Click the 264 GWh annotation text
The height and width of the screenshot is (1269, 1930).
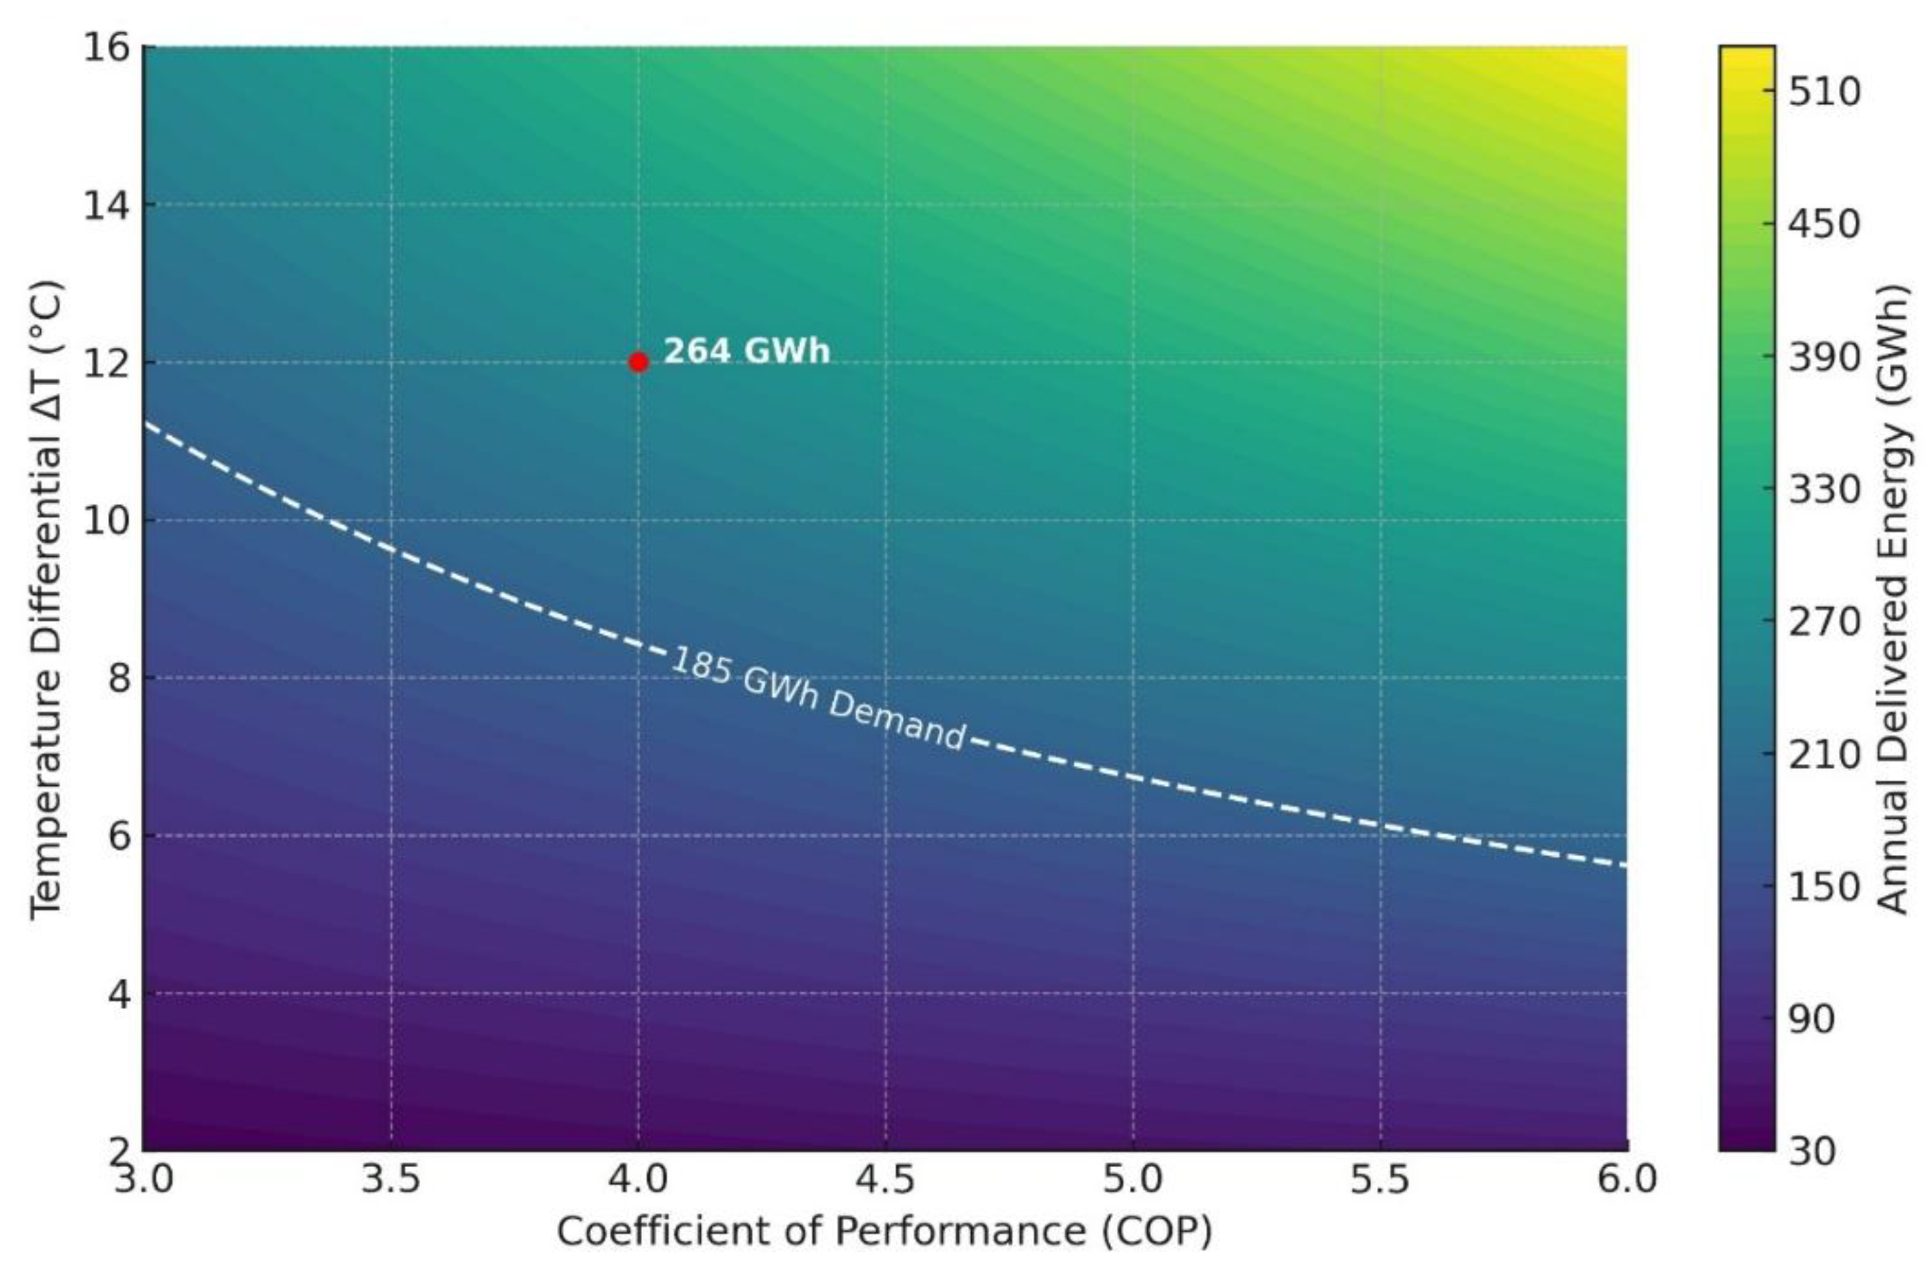point(747,351)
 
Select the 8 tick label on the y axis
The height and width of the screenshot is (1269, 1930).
point(119,678)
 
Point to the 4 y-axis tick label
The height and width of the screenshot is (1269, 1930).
point(119,994)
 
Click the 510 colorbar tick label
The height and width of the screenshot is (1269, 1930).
point(1825,92)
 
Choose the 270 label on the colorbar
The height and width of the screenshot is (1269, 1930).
point(1825,622)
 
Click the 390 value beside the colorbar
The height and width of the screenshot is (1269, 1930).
point(1825,356)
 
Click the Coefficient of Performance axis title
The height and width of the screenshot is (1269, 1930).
point(884,1231)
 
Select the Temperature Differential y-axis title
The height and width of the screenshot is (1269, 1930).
point(46,600)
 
